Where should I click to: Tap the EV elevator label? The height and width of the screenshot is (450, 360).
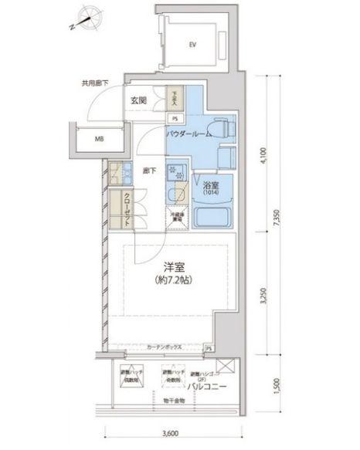pyautogui.click(x=192, y=44)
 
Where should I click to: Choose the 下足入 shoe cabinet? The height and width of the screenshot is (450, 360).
pyautogui.click(x=175, y=99)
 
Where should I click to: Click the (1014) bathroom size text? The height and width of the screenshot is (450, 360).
pyautogui.click(x=211, y=193)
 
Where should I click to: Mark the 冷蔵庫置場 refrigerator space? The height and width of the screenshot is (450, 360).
pyautogui.click(x=176, y=218)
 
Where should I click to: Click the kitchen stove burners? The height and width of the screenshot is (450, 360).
pyautogui.click(x=175, y=174)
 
